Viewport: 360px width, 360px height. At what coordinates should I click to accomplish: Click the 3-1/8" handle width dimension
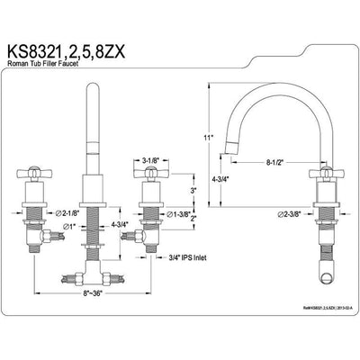[x=152, y=139]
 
